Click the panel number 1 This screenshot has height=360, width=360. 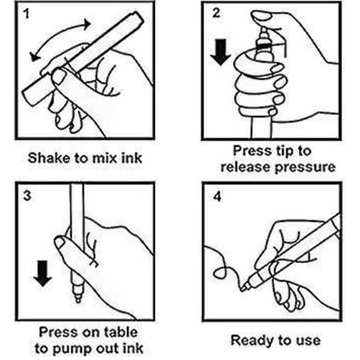point(26,14)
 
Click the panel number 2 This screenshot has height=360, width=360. point(216,13)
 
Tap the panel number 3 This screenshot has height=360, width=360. point(27,195)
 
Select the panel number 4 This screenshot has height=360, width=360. point(217,197)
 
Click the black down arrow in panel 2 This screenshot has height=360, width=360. point(220,52)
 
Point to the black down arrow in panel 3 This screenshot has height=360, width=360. point(43,274)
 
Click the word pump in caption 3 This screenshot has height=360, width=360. point(72,350)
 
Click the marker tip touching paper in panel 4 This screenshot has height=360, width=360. point(243,288)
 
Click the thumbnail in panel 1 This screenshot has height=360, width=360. point(59,76)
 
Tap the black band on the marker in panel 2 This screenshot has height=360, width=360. point(264,47)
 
